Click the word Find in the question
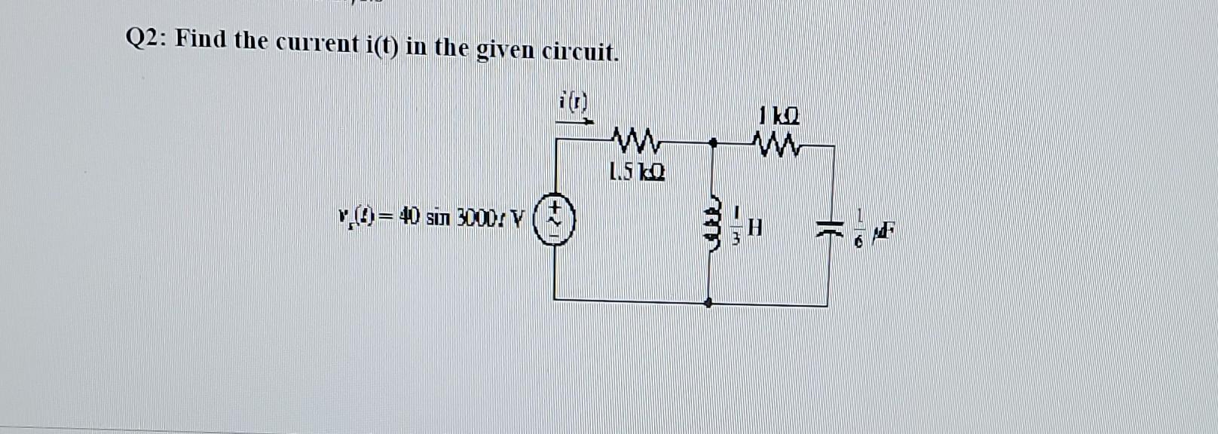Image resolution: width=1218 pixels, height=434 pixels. point(200,39)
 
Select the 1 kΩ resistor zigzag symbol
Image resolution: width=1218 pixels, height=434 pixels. point(776,141)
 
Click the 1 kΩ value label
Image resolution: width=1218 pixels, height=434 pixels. point(779,117)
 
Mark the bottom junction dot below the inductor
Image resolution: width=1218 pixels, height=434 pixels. point(707,303)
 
